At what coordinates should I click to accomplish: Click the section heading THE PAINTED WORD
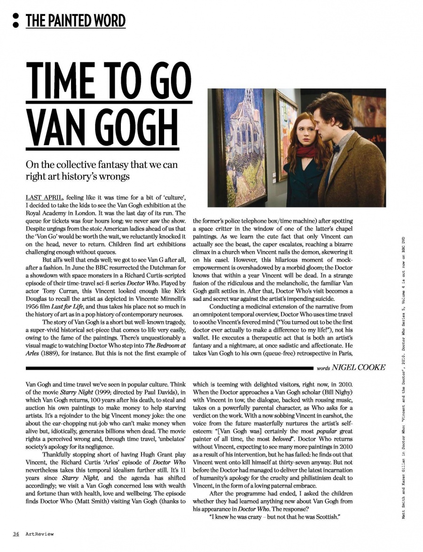click(x=76, y=21)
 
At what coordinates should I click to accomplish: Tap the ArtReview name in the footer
click(x=39, y=534)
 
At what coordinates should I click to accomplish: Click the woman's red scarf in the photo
click(x=305, y=151)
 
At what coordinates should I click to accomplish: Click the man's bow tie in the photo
click(x=336, y=148)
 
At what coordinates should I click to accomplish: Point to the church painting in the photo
click(x=244, y=146)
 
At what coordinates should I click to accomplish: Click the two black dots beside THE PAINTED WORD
click(x=16, y=20)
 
